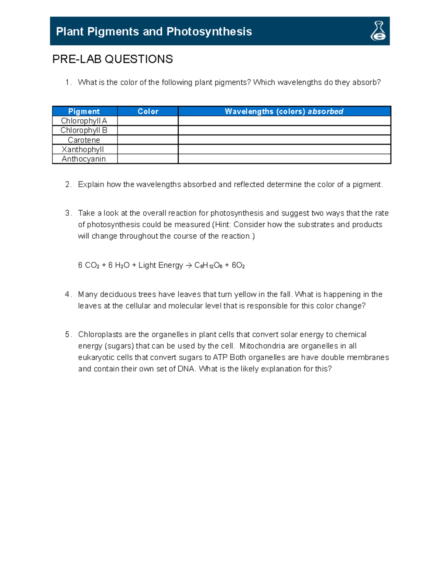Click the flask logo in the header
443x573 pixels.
[378, 31]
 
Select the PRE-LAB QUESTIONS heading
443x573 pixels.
[113, 59]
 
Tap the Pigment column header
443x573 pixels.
[84, 111]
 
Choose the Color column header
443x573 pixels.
[148, 111]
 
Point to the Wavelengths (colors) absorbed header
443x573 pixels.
[284, 111]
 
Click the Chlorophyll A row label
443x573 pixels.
[84, 121]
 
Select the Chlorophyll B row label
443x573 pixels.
[84, 130]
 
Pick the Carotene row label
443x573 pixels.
[84, 140]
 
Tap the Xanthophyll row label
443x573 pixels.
[83, 149]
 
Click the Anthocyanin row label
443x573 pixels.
[84, 159]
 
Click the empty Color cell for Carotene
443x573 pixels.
[148, 140]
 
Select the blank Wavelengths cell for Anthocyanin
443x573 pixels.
[284, 159]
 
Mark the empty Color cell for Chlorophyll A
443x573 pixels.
[148, 121]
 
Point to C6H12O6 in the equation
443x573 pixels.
[208, 266]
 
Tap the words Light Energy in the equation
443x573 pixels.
[161, 266]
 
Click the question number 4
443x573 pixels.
[68, 294]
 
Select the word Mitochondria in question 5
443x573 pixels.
[262, 346]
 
